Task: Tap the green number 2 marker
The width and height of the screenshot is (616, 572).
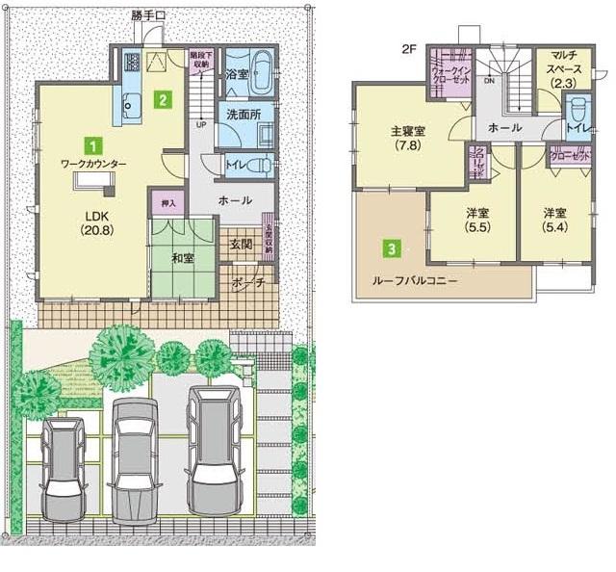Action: [x=165, y=97]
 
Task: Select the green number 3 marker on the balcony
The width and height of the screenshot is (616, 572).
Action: [x=392, y=248]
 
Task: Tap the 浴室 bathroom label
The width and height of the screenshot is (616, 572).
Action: [x=237, y=73]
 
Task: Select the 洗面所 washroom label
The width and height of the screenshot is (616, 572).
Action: [x=244, y=114]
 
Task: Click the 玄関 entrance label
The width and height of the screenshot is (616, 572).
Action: [x=241, y=245]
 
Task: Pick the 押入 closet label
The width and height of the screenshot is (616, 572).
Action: [x=165, y=204]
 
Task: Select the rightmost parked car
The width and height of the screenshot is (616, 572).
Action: [x=210, y=438]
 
